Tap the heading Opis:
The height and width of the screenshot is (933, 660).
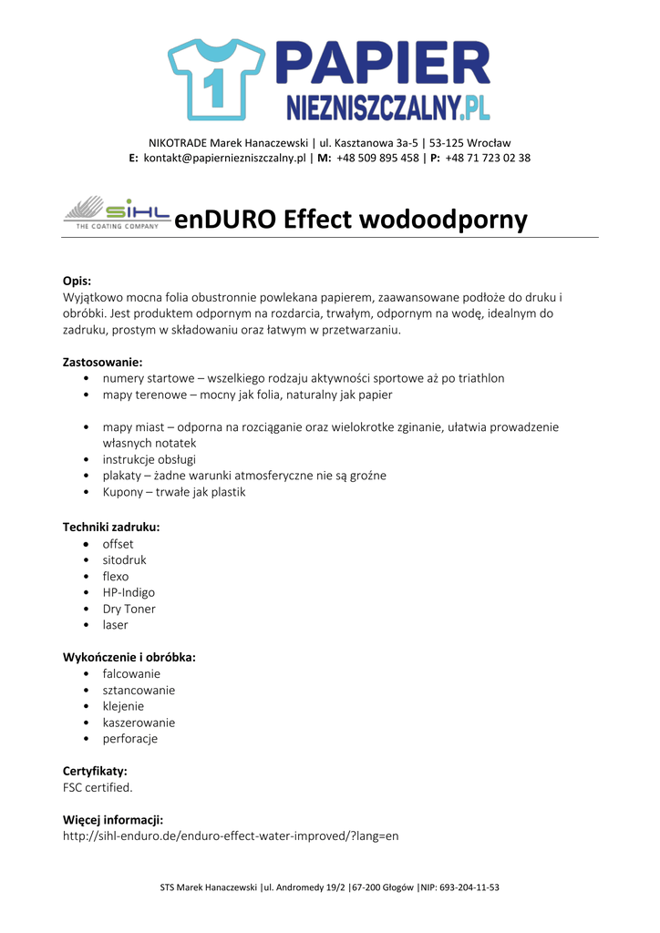(77, 281)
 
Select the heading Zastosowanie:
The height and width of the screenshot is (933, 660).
(102, 362)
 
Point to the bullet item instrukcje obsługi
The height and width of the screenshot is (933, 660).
(149, 459)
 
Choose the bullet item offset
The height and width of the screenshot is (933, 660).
(118, 544)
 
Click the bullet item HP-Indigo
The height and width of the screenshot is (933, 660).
(129, 592)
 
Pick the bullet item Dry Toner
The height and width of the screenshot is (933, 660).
(129, 609)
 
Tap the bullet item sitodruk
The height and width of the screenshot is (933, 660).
(124, 560)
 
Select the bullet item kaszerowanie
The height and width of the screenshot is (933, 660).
(139, 723)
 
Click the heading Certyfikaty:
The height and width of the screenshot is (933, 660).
(95, 771)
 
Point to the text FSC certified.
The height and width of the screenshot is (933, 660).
(98, 787)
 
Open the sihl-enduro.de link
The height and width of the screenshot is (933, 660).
(231, 836)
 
